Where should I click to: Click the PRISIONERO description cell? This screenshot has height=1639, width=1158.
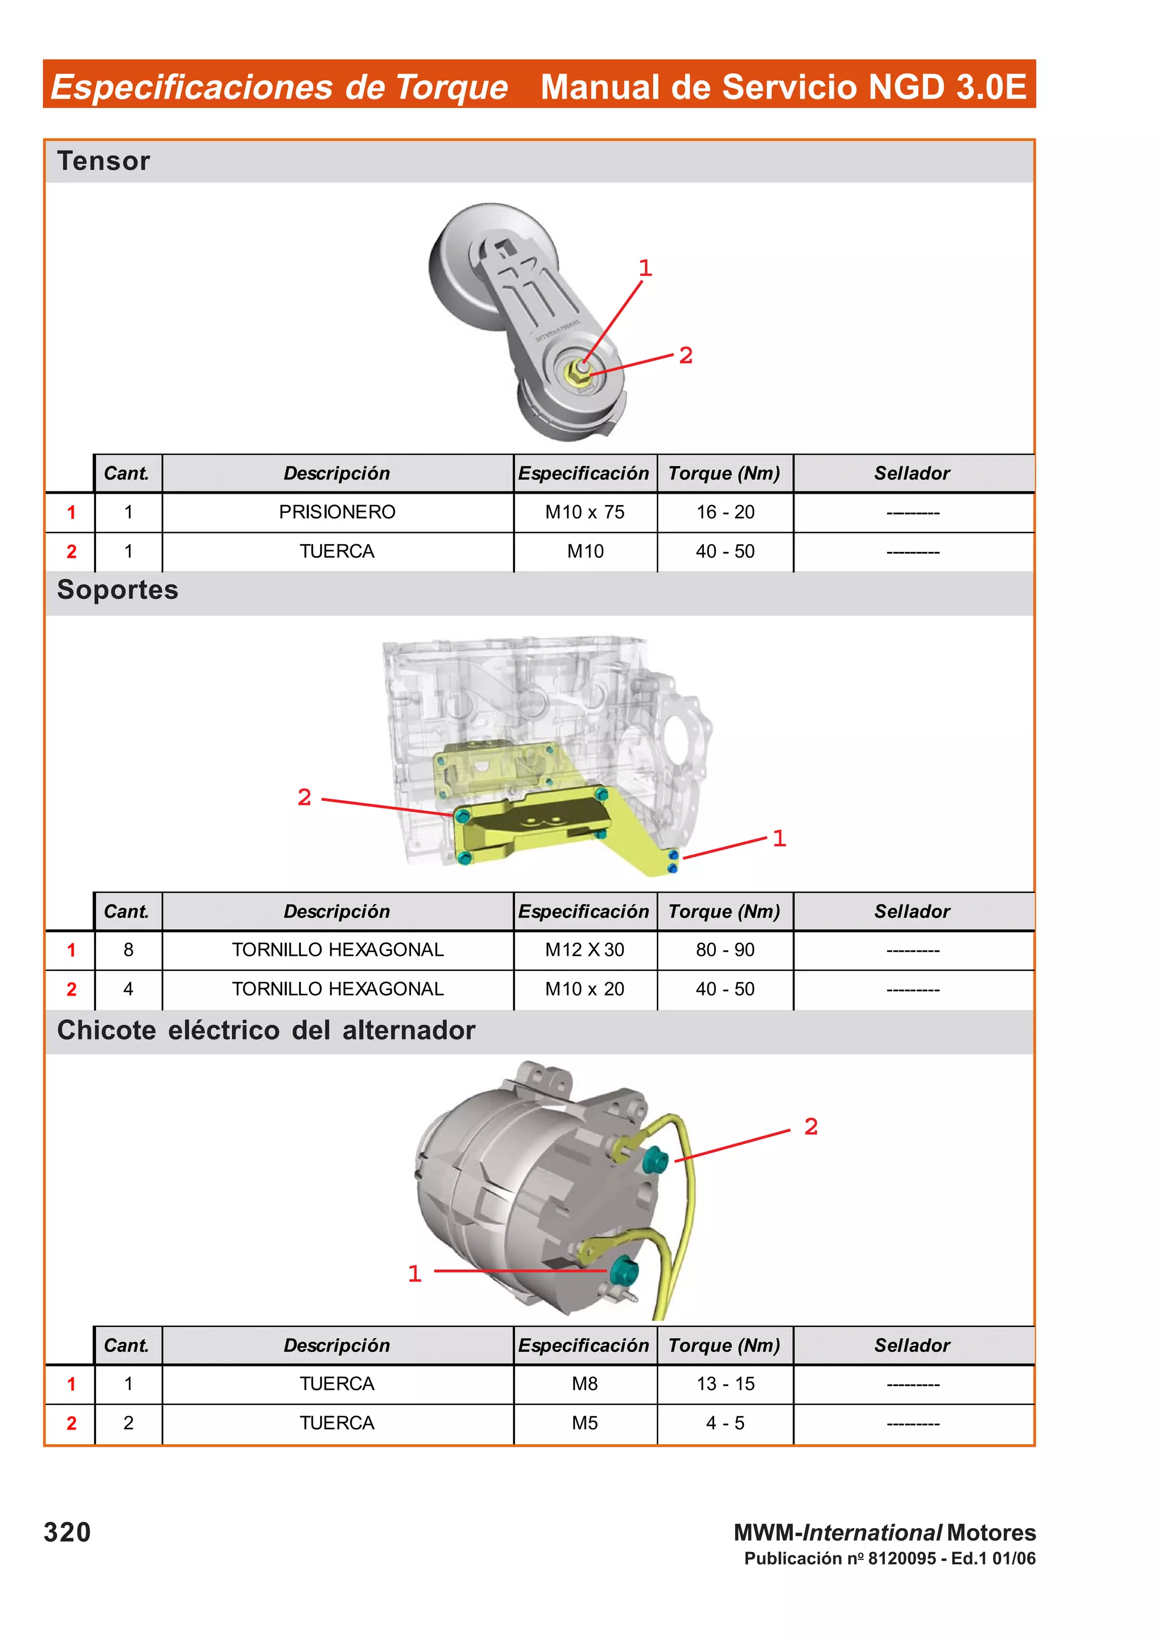[337, 512]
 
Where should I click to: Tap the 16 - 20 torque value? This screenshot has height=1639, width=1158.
[725, 512]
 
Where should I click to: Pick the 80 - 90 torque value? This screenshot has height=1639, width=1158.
[725, 950]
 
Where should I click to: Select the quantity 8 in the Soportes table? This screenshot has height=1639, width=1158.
[128, 950]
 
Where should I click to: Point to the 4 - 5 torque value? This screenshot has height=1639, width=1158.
[725, 1423]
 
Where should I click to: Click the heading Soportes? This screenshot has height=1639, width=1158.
[118, 590]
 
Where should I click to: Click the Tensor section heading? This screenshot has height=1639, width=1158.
[103, 161]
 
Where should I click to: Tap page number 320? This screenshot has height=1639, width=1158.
[67, 1532]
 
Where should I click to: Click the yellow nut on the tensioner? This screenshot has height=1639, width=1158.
[577, 371]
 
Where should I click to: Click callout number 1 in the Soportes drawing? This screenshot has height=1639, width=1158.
[779, 838]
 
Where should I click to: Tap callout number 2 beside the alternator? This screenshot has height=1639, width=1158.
[810, 1127]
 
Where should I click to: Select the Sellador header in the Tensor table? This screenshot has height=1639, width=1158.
[912, 473]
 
